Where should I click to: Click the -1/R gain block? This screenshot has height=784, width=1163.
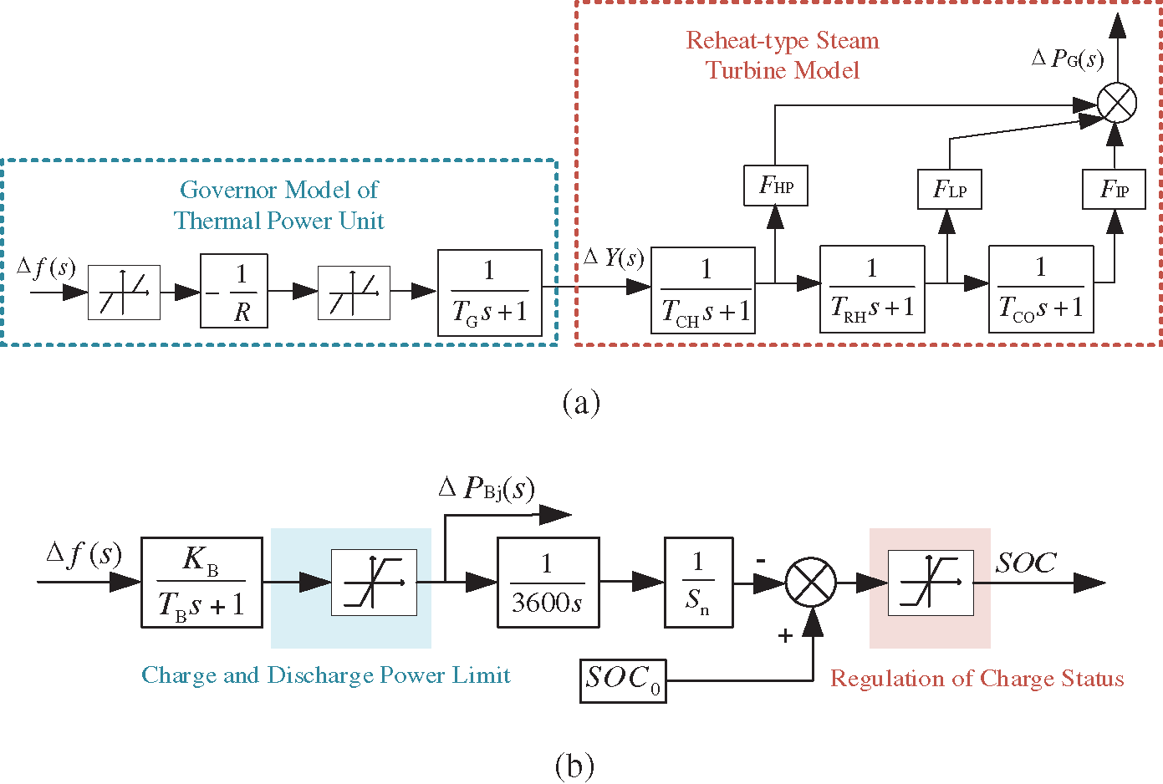coord(234,291)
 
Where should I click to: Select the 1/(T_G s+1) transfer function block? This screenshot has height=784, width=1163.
coord(490,293)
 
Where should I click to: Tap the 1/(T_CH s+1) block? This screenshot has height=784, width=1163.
coord(703,290)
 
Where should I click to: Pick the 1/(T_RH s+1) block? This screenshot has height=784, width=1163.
coord(872,289)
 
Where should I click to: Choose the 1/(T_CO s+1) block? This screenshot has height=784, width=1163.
coord(1041,289)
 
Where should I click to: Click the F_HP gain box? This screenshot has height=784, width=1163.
coord(775,186)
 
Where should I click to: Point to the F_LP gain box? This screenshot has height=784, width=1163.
coord(949,190)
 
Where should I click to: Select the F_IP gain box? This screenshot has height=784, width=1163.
coord(1114,190)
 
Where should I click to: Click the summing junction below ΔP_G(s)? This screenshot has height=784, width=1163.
coord(1116,104)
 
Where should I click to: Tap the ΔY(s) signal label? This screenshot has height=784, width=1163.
coord(615,257)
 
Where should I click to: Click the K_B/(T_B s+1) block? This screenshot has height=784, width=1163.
coord(201,583)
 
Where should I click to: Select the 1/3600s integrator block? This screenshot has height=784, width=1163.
coord(548,583)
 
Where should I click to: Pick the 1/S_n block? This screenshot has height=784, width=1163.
coord(698,583)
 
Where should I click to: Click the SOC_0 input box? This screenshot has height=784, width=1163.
coord(623,680)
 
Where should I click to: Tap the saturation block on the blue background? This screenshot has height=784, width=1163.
coord(374,583)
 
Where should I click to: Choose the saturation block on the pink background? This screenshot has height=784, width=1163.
coord(930,583)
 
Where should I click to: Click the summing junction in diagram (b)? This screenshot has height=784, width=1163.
coord(811,583)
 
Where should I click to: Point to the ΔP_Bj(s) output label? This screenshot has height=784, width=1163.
coord(487,488)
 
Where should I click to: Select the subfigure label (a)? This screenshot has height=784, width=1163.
coord(581,402)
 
